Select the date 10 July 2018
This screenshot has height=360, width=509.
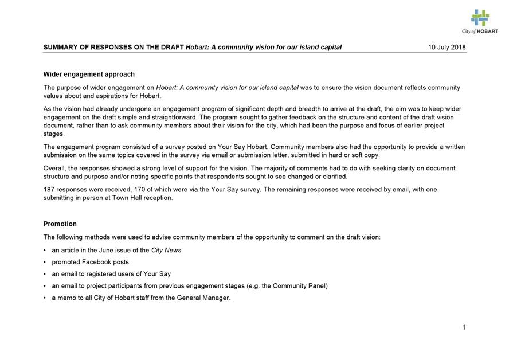[x=447, y=48]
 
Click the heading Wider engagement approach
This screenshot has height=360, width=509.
[x=89, y=75]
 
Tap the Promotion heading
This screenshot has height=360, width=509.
[x=60, y=224]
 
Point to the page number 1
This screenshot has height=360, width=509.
[x=464, y=328]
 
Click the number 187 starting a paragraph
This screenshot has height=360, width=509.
[x=49, y=189]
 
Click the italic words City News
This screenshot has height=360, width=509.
[x=166, y=251]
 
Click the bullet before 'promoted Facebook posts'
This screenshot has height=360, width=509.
[x=45, y=263]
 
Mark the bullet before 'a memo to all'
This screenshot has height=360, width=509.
[x=45, y=298]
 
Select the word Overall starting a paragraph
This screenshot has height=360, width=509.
[x=56, y=169]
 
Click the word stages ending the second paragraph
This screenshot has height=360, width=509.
[x=54, y=134]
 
